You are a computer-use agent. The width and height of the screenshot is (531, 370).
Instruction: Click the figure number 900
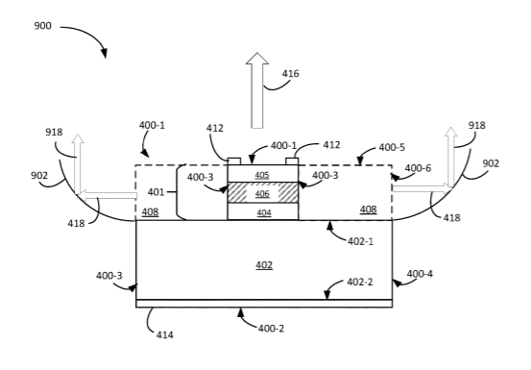click(x=42, y=26)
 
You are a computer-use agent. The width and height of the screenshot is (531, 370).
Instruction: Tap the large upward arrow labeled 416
click(x=257, y=90)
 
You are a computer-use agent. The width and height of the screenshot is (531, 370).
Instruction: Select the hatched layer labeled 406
click(x=262, y=193)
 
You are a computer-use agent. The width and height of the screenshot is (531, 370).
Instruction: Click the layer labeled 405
click(x=262, y=174)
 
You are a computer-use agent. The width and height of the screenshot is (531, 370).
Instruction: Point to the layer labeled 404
click(x=262, y=211)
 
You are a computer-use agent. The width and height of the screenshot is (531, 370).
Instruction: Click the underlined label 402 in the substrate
click(x=264, y=264)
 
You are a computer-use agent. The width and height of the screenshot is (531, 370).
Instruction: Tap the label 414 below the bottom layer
click(x=164, y=334)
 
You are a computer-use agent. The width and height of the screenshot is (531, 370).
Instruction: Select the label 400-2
click(x=271, y=329)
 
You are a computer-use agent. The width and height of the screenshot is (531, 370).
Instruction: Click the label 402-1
click(x=360, y=241)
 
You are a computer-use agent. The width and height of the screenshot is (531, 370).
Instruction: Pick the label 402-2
click(x=360, y=282)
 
